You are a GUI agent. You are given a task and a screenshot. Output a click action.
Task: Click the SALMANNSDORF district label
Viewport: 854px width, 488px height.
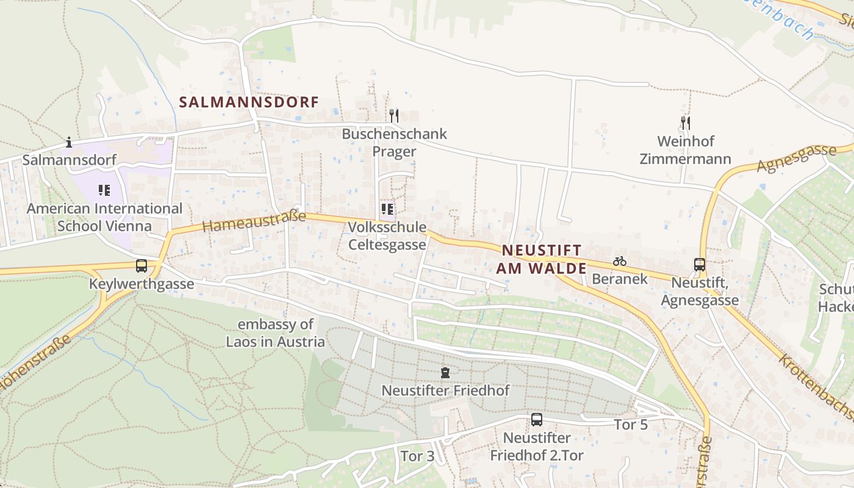pyautogui.click(x=249, y=102)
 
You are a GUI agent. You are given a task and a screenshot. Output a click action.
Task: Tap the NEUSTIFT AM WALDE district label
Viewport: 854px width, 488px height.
pyautogui.click(x=541, y=259)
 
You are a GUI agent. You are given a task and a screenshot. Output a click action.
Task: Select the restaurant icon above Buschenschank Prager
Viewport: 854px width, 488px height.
pyautogui.click(x=394, y=115)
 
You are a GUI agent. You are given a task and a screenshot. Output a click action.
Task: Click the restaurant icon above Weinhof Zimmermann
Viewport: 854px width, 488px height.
pyautogui.click(x=685, y=123)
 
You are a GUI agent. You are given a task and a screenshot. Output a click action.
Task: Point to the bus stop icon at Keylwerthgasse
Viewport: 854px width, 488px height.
pyautogui.click(x=142, y=266)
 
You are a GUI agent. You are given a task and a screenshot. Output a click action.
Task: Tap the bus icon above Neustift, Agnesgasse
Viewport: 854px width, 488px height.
pyautogui.click(x=700, y=265)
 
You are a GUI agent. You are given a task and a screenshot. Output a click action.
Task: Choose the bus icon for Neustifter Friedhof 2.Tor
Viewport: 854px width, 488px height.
pyautogui.click(x=537, y=420)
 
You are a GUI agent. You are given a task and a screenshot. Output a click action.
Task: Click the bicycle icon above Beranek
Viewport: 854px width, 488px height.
pyautogui.click(x=620, y=261)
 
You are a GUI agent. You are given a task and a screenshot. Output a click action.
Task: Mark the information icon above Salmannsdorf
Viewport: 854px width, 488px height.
pyautogui.click(x=69, y=143)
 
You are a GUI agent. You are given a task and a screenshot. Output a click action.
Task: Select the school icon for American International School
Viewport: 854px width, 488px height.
pyautogui.click(x=104, y=190)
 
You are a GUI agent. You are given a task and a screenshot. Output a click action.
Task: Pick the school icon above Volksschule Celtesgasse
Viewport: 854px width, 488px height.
pyautogui.click(x=387, y=210)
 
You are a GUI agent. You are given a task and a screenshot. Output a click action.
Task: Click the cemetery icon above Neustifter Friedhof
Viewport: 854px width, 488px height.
pyautogui.click(x=445, y=372)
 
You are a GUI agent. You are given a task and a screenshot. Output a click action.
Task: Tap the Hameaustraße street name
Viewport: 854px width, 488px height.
pyautogui.click(x=253, y=220)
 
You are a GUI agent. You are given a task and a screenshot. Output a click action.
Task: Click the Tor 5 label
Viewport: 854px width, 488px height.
pyautogui.click(x=631, y=425)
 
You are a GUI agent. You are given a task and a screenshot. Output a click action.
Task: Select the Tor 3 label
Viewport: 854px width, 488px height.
pyautogui.click(x=417, y=456)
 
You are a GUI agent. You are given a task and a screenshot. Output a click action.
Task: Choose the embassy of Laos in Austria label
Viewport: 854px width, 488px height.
pyautogui.click(x=276, y=333)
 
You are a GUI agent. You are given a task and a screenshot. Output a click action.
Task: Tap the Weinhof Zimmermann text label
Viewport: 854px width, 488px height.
pyautogui.click(x=685, y=150)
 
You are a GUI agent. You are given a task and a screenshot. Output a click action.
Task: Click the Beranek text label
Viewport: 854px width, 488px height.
pyautogui.click(x=620, y=279)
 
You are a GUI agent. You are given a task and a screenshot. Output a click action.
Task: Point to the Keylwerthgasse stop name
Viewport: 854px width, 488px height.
pyautogui.click(x=142, y=284)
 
